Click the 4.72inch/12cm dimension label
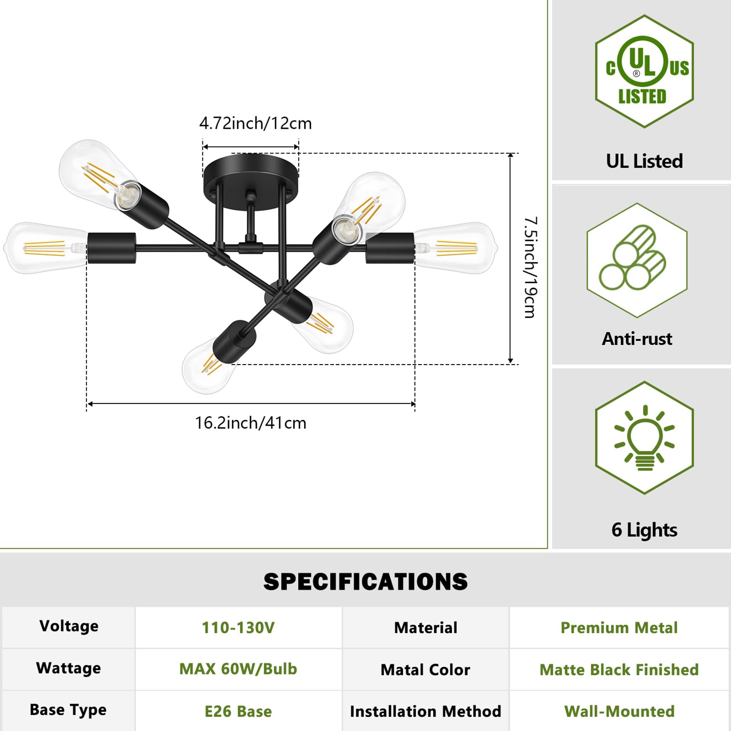255,123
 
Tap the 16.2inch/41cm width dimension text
250,423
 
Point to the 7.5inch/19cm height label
530,267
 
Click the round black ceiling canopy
251,172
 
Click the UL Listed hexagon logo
644,72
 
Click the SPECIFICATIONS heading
365,582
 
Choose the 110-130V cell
238,628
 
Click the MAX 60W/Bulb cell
238,669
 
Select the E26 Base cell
238,711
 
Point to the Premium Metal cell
619,628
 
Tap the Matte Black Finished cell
619,670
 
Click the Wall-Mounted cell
619,711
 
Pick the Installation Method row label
425,711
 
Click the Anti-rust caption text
637,339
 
